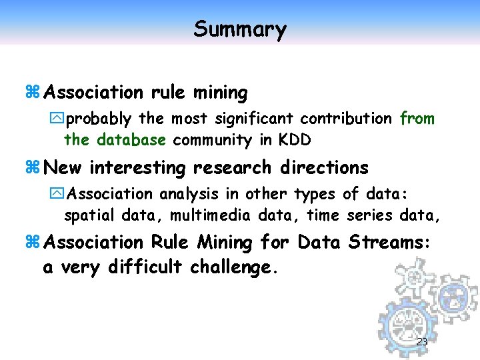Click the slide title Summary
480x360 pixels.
tap(240, 29)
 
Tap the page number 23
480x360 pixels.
tap(421, 342)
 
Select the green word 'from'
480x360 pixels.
tap(417, 119)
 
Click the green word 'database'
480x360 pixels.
tap(131, 140)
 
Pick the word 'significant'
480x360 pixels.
tap(253, 119)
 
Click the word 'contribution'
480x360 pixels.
tap(346, 119)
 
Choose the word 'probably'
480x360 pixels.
tap(99, 119)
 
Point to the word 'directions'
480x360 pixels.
tap(325, 167)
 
